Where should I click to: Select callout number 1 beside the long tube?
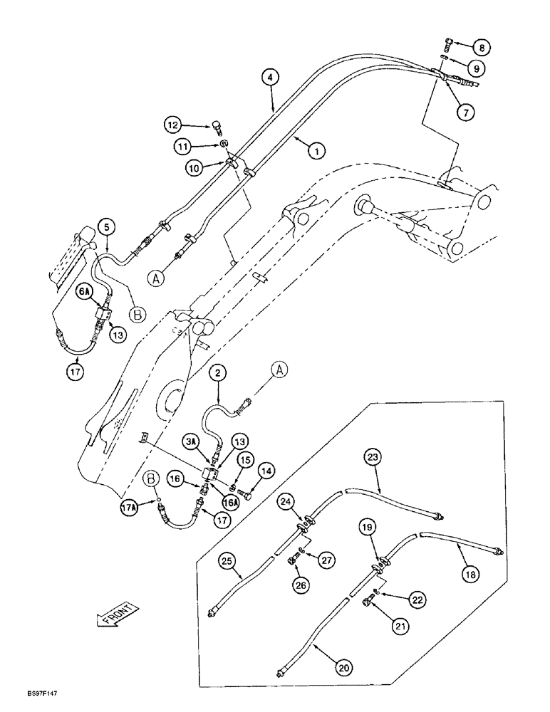(316, 150)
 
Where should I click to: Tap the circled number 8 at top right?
(483, 48)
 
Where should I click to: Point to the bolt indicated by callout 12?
(217, 127)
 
